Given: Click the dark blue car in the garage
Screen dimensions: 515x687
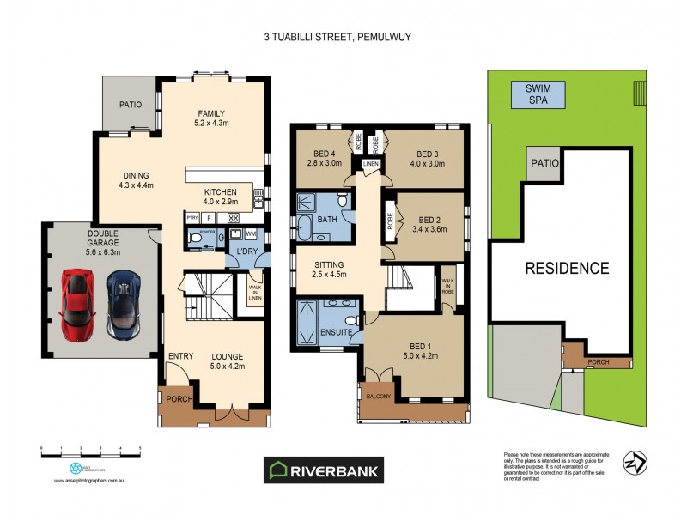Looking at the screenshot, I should coord(124,302).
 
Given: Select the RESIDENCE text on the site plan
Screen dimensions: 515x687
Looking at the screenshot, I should coord(567,268).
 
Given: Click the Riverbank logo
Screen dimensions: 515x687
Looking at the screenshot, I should coord(323,470).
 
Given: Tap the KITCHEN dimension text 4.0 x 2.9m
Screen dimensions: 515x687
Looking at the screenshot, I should coord(221,202).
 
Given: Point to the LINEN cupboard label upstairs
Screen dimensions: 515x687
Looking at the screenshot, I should coord(370,164).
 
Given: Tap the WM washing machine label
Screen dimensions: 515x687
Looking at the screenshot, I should coord(251,233).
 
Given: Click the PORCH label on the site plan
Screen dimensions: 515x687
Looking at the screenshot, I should coord(599,361).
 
